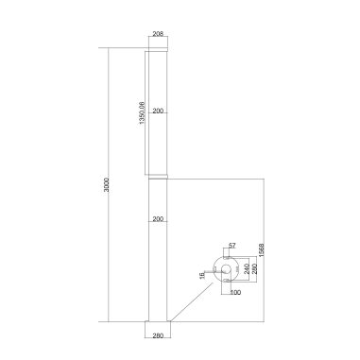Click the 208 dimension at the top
(157, 33)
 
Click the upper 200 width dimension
(157, 111)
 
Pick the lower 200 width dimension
(157, 218)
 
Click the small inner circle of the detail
(227, 270)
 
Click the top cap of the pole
(157, 50)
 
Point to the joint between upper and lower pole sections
(157, 178)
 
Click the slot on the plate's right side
(239, 269)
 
